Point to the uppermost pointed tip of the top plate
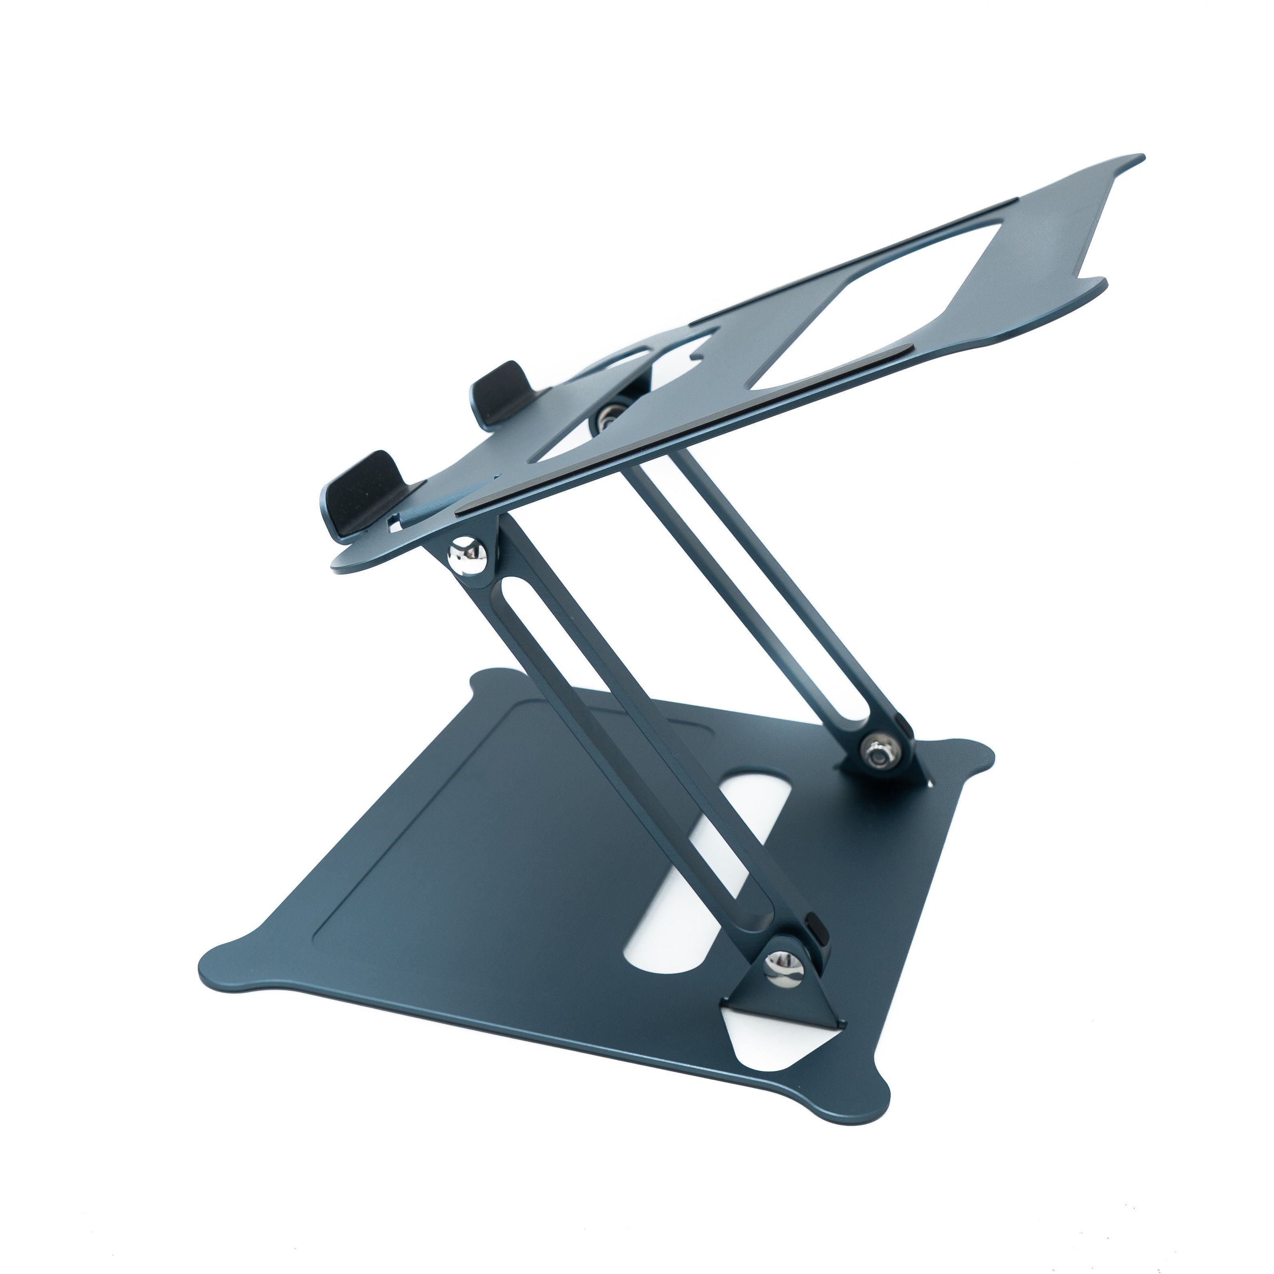[1135, 159]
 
